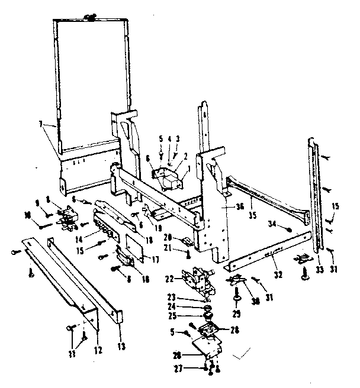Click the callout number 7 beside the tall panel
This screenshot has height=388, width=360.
(40, 124)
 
